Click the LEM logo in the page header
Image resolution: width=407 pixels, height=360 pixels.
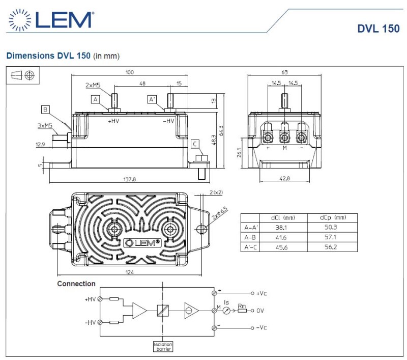50,20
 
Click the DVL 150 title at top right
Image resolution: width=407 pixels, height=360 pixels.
378,29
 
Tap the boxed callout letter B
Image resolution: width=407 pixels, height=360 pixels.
46,109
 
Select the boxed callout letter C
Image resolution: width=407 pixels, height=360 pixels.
194,144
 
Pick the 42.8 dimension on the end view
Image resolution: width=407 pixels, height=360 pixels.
284,178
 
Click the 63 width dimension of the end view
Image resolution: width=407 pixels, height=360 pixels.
284,72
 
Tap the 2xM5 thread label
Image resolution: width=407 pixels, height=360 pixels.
93,86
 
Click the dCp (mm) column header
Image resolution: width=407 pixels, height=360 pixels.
332,218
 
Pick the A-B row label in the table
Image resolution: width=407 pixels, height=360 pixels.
250,238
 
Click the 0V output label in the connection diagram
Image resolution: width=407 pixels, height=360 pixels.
260,310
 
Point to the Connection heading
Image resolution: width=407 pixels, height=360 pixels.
76,284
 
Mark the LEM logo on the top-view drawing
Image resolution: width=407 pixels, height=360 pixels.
142,242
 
